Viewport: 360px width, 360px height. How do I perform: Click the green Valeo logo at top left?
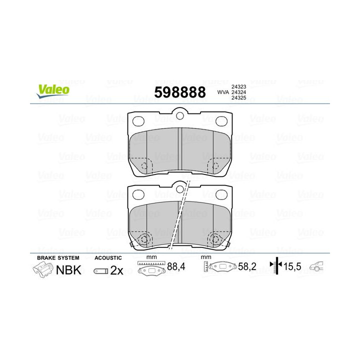[51, 89]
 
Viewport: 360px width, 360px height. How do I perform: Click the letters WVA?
[222, 92]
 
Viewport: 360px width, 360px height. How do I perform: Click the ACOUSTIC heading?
[107, 257]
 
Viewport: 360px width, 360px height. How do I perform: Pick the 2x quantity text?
[116, 270]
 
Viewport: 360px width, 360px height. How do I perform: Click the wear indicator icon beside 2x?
[100, 271]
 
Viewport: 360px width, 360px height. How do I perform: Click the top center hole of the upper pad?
[180, 116]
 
